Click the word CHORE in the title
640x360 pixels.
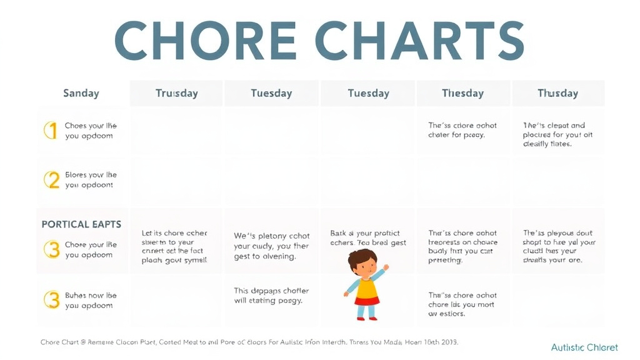pyautogui.click(x=206, y=41)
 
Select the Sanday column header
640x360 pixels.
pyautogui.click(x=81, y=93)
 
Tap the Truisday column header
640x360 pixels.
pyautogui.click(x=176, y=93)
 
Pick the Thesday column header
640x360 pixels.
pyautogui.click(x=462, y=93)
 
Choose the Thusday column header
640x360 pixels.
pyautogui.click(x=557, y=93)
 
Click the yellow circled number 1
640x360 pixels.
pyautogui.click(x=51, y=130)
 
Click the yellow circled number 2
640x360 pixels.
pyautogui.click(x=51, y=180)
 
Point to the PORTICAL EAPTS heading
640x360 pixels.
pyautogui.click(x=81, y=224)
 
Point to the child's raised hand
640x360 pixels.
pyautogui.click(x=386, y=267)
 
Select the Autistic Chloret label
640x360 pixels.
pyautogui.click(x=584, y=347)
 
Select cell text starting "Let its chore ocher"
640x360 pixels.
pyautogui.click(x=174, y=246)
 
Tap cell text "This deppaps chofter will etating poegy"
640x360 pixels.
pyautogui.click(x=271, y=296)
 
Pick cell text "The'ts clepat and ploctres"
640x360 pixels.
pyautogui.click(x=556, y=134)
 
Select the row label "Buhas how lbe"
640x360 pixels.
pyautogui.click(x=90, y=300)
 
